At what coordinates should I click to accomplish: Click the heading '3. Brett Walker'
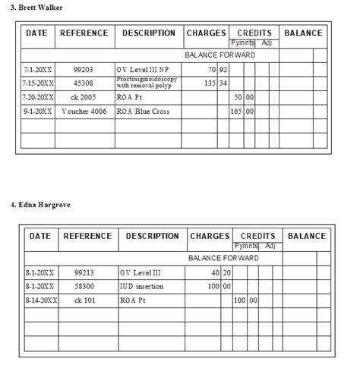click(x=37, y=8)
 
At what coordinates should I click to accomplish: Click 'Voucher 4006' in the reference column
click(x=84, y=112)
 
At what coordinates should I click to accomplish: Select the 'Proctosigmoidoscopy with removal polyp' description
click(x=147, y=83)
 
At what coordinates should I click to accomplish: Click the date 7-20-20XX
click(x=38, y=98)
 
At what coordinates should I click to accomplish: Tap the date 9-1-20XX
click(x=38, y=112)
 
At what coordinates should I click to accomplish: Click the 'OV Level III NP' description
click(x=143, y=69)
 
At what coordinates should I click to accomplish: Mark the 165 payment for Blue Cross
click(x=236, y=112)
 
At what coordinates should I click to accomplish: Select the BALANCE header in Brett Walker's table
click(x=303, y=33)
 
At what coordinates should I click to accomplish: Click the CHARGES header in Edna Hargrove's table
click(x=209, y=236)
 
